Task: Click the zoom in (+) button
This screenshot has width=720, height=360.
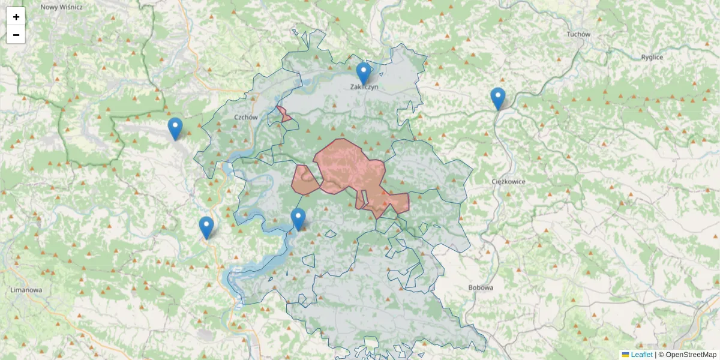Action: (x=16, y=17)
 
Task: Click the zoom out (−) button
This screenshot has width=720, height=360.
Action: (x=16, y=35)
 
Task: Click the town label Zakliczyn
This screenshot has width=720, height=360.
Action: (x=364, y=87)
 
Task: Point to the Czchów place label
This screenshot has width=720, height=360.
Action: (x=246, y=118)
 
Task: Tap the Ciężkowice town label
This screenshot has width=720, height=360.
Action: (x=508, y=181)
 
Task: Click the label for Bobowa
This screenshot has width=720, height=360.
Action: (x=481, y=287)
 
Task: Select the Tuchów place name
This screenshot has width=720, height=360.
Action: (x=578, y=34)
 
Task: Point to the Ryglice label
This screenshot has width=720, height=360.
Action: (x=652, y=57)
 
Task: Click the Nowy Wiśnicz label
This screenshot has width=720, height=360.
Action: (x=61, y=7)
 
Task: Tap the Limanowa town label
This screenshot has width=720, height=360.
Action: (x=26, y=290)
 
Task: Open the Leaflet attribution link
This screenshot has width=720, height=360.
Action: (x=641, y=355)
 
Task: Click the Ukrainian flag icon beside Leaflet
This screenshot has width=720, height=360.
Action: (x=625, y=355)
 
